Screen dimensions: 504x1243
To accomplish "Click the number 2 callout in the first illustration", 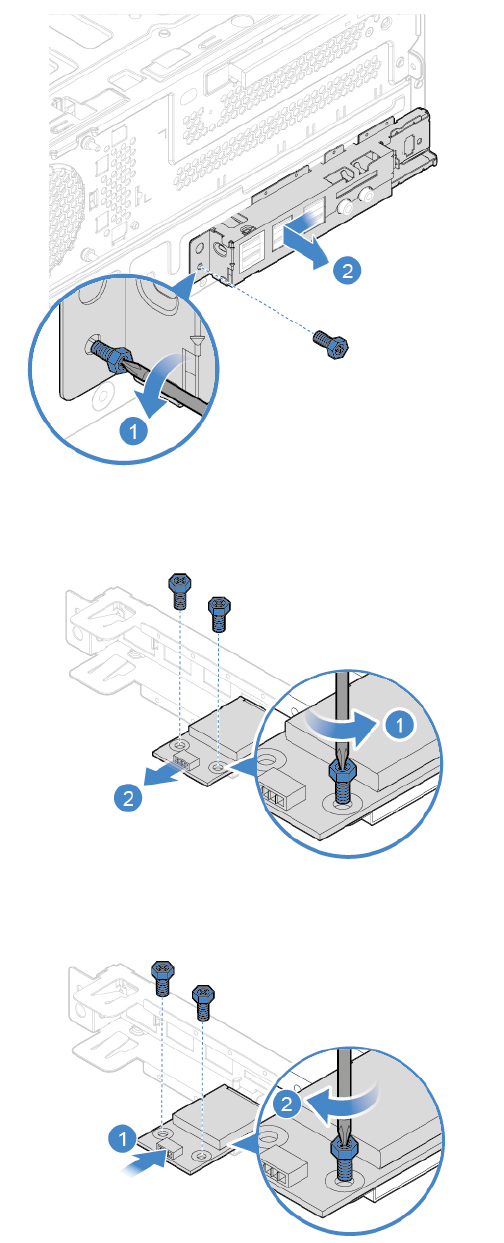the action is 347,271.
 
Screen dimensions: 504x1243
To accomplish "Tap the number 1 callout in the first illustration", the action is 134,431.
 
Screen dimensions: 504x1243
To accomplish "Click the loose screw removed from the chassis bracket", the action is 331,345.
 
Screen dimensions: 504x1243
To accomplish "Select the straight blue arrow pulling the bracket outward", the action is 305,243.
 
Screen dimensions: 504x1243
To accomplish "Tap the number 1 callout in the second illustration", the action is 400,724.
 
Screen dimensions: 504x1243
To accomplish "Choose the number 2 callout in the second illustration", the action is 128,798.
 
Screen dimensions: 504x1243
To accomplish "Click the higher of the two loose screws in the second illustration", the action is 179,590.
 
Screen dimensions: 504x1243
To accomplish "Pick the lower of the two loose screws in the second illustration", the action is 219,614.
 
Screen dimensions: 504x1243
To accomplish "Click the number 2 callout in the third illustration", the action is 287,1104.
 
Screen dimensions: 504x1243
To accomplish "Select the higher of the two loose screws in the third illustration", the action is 163,978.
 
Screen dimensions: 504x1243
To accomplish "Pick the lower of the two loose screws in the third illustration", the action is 203,1002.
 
